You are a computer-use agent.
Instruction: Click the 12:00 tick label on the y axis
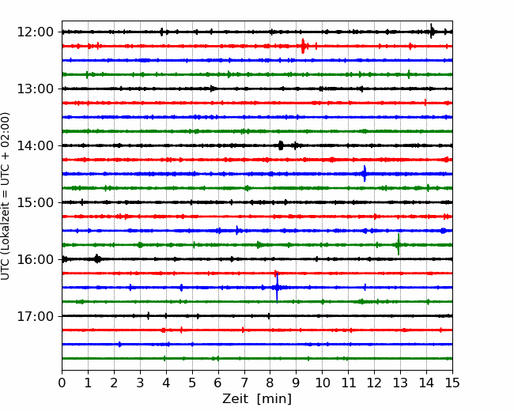coord(35,32)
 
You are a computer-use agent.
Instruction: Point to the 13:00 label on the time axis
coord(35,89)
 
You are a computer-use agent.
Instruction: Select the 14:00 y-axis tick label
coord(35,145)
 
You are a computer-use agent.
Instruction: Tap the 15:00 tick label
coord(35,202)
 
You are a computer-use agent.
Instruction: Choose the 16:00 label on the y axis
coord(35,259)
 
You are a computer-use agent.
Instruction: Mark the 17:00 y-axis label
coord(35,316)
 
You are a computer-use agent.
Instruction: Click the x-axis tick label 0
coord(62,383)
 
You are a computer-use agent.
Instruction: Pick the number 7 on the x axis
coord(244,383)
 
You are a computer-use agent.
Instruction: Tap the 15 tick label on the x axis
coord(452,383)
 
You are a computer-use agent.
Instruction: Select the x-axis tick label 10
coord(322,383)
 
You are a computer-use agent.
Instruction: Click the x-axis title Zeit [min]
coord(257,399)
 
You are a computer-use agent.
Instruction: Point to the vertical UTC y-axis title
coord(5,196)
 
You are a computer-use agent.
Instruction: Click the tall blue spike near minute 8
coord(277,287)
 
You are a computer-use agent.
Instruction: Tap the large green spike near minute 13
coord(399,244)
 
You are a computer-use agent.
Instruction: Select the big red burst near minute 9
coord(303,46)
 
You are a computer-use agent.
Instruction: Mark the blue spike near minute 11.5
coord(365,174)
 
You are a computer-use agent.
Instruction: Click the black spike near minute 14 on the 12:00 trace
coord(432,31)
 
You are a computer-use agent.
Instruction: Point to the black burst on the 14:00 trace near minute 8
coord(281,145)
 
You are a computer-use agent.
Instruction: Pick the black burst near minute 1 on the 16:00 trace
coord(97,258)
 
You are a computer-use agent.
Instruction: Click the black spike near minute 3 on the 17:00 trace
coord(148,316)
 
